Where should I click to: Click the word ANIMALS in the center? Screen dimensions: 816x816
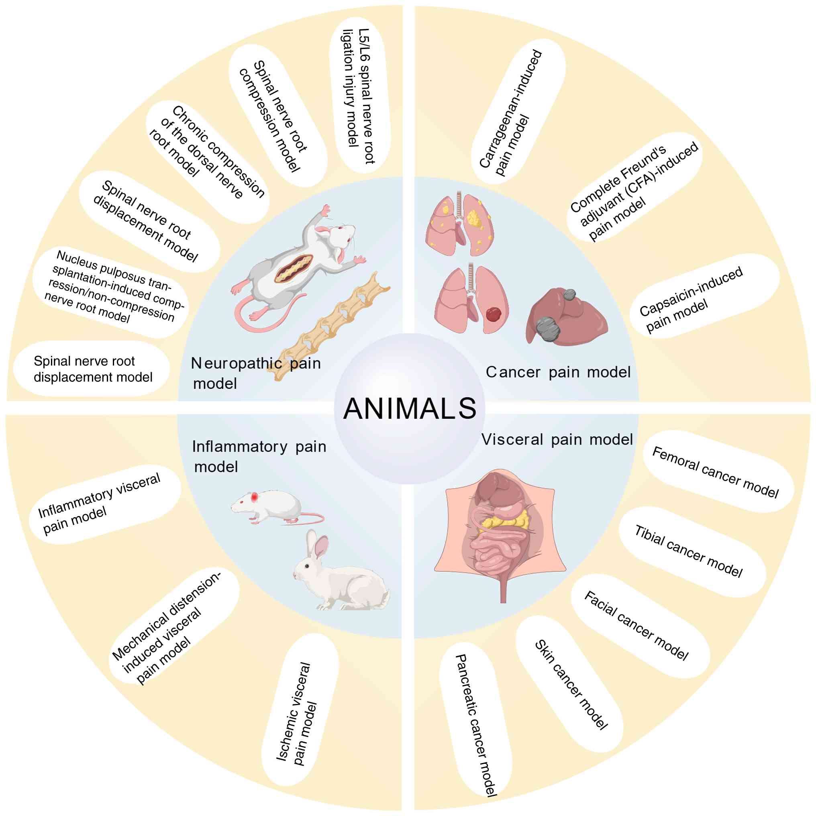click(409, 409)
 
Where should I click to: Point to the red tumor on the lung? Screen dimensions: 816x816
click(493, 314)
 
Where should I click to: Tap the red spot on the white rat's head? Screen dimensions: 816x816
click(255, 497)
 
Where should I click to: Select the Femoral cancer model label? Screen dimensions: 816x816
click(715, 472)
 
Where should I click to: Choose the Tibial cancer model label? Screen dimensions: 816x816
click(688, 551)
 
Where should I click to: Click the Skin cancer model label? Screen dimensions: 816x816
click(571, 685)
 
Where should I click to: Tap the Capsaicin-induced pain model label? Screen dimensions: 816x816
click(691, 299)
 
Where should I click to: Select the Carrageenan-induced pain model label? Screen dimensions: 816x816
click(511, 113)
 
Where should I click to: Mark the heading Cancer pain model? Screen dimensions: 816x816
click(558, 372)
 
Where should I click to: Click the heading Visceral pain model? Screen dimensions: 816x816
click(557, 440)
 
